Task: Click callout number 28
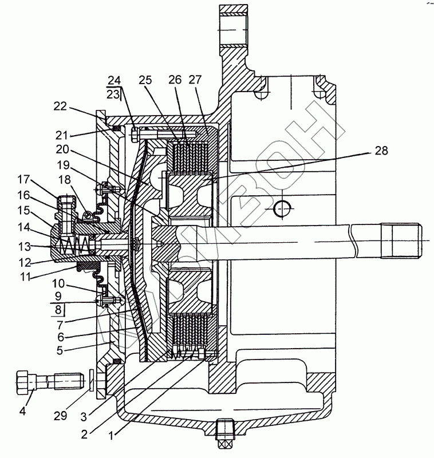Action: click(x=380, y=151)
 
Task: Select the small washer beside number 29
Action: click(x=93, y=381)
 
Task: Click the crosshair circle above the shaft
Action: click(x=282, y=209)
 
